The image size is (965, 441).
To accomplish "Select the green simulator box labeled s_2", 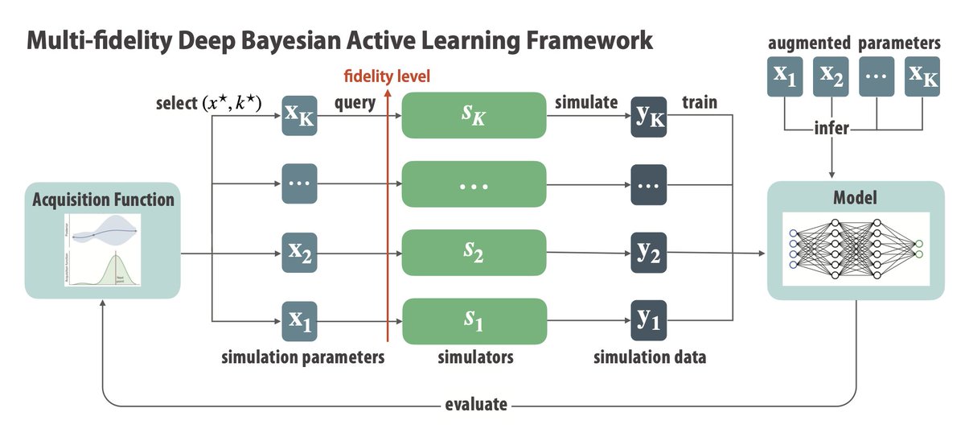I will pyautogui.click(x=474, y=252).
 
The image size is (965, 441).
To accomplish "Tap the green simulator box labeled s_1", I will pyautogui.click(x=474, y=321).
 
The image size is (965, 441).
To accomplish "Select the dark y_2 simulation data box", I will pyautogui.click(x=649, y=252).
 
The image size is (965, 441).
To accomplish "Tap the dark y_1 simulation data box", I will pyautogui.click(x=649, y=321).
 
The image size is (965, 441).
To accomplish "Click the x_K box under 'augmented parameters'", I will pyautogui.click(x=922, y=76).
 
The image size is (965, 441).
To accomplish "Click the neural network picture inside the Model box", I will pyautogui.click(x=856, y=247).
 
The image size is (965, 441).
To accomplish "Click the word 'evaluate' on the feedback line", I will pyautogui.click(x=476, y=405).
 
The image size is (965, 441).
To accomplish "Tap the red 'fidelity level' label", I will pyautogui.click(x=388, y=77).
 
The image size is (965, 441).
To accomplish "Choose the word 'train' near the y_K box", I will pyautogui.click(x=699, y=102).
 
